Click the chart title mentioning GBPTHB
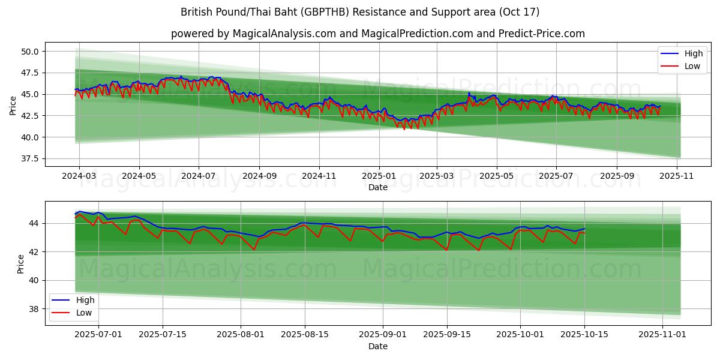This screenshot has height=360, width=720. tap(360, 12)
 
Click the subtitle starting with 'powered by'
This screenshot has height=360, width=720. tap(378, 34)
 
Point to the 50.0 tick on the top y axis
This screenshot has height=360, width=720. tap(30, 52)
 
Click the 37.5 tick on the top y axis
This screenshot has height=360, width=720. tap(30, 159)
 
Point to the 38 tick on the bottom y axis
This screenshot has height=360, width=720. tap(34, 309)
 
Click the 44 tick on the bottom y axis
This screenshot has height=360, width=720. tap(34, 223)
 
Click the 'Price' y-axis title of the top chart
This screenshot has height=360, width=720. tap(13, 106)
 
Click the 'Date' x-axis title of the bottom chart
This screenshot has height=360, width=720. tap(378, 346)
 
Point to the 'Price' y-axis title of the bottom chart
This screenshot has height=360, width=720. tap(21, 264)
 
